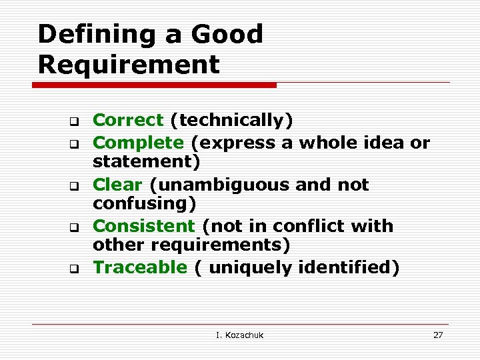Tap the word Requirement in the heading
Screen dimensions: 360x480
point(129,65)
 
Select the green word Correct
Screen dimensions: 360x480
point(128,120)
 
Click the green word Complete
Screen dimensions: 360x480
point(138,142)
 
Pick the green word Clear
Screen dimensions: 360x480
point(118,184)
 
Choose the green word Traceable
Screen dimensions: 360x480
point(140,267)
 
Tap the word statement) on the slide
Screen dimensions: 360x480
point(147,162)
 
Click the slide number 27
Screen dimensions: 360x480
point(438,335)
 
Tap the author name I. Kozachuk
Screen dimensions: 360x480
point(240,335)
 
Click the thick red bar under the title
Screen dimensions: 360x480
point(157,85)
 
